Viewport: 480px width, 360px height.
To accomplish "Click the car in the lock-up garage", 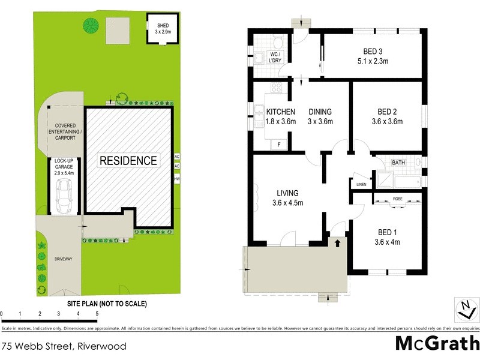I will point(63,196).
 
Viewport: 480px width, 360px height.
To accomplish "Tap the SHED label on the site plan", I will point(164,25).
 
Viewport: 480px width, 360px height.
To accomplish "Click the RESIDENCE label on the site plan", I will point(128,161).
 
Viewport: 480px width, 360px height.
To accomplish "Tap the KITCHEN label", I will point(281,112).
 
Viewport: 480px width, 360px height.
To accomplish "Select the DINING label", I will point(320,112).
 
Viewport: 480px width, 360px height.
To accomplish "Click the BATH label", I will point(398,163).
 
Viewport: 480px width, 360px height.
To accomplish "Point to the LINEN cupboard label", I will point(361,184).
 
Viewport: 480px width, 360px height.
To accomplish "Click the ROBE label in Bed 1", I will point(397,198).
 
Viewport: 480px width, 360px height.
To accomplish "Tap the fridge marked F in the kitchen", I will point(279,144).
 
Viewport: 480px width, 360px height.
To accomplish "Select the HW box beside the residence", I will point(176,179).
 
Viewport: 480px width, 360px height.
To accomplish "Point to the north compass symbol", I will point(465,310).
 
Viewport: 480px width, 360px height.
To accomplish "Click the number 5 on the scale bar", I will point(97,314).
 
